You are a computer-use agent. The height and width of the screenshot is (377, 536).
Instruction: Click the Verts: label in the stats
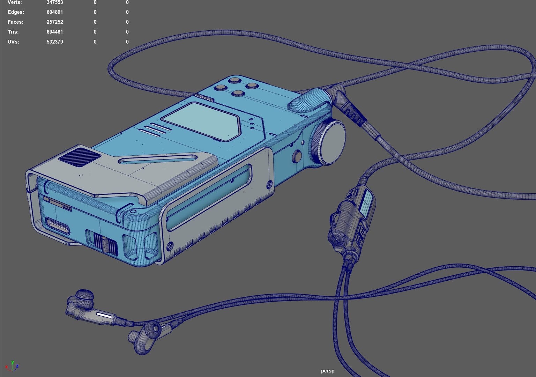pyautogui.click(x=15, y=2)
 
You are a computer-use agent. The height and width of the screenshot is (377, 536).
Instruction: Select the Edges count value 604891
pyautogui.click(x=55, y=12)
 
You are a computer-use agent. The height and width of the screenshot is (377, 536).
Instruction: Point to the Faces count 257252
pyautogui.click(x=55, y=22)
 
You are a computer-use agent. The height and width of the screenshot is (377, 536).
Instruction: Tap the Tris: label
pyautogui.click(x=13, y=32)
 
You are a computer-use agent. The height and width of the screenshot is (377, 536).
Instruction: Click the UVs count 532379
pyautogui.click(x=55, y=42)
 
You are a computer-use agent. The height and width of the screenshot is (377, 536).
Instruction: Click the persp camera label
pyautogui.click(x=327, y=371)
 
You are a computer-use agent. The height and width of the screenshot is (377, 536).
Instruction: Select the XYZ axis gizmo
pyautogui.click(x=12, y=366)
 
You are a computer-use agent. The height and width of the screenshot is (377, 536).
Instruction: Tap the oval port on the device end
pyautogui.click(x=57, y=226)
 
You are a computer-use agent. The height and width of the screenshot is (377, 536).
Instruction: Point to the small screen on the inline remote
pyautogui.click(x=366, y=203)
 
